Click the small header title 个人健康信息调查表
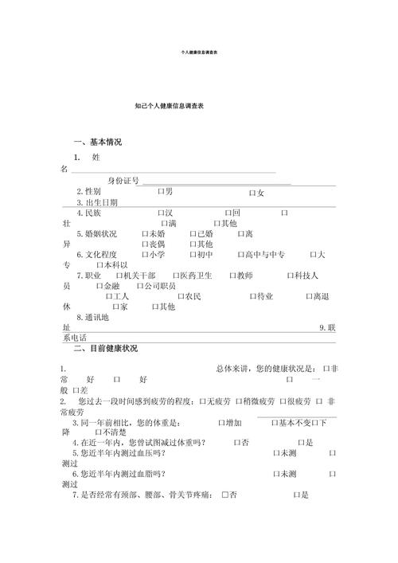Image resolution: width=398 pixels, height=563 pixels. tap(200, 53)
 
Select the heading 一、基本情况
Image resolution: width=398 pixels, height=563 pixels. tap(98, 142)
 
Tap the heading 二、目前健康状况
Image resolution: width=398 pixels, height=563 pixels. tap(105, 349)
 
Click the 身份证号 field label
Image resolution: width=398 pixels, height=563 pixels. tap(123, 181)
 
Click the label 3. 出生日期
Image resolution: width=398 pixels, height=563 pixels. tap(97, 202)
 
